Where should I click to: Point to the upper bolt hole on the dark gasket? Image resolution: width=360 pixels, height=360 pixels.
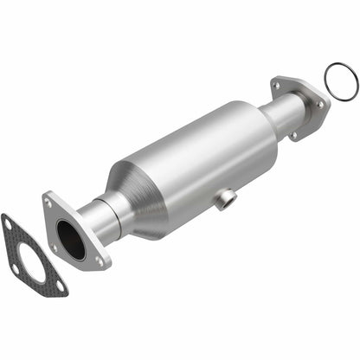coord(8,224)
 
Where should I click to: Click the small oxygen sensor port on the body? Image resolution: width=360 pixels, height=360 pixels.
coord(228,201)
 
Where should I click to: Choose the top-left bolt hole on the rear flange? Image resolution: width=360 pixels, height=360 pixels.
coord(278,86)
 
